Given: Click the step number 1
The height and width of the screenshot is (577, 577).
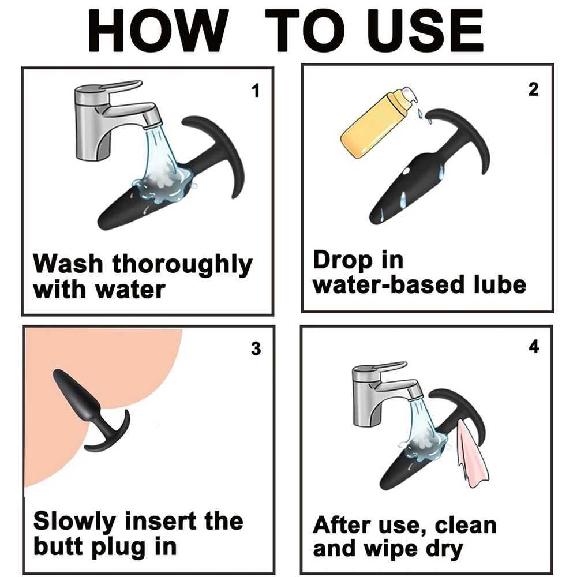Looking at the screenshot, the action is pos(256,91).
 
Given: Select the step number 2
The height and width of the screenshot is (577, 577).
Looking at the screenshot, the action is pos(533,89).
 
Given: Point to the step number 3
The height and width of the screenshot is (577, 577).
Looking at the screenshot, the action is pos(256,349).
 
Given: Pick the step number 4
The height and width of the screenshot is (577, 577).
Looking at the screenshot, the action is pos(534,347).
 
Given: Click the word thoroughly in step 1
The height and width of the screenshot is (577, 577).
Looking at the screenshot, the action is pos(182,265).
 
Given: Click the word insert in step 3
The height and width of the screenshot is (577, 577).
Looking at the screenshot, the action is pos(161,522).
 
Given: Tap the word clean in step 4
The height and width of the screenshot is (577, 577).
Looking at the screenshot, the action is pos(466,525).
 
